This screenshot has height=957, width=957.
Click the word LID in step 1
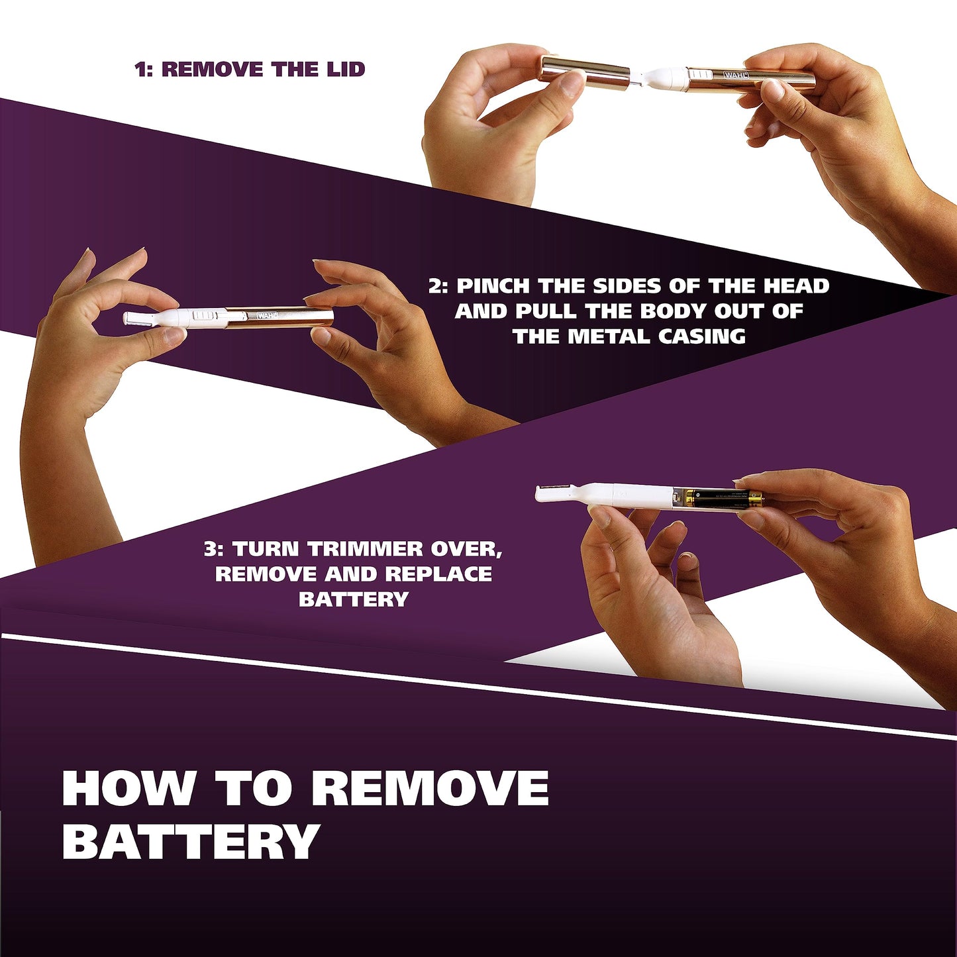point(344,69)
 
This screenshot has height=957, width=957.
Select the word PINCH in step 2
point(493,286)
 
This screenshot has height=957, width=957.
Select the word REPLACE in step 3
point(438,574)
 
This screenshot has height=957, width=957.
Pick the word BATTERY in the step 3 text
point(353,599)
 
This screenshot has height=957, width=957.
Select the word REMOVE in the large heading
point(430,789)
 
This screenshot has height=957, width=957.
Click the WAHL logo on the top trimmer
point(736,76)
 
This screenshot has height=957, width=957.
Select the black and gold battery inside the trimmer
point(722,498)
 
